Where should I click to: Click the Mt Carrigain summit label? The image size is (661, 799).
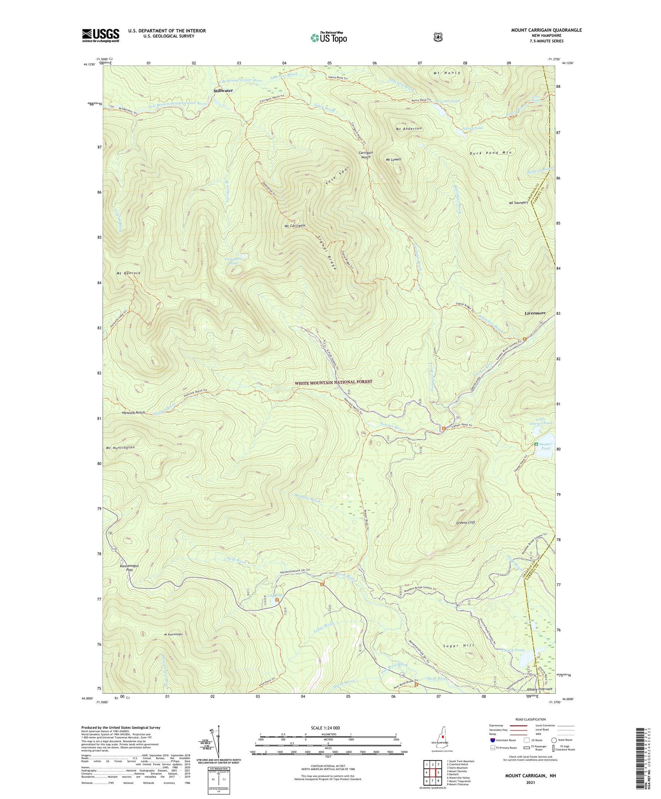(x=295, y=226)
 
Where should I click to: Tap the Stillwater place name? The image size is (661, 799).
(x=223, y=91)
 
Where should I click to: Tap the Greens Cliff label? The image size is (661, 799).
(x=466, y=523)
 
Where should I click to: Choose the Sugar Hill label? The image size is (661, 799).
(x=458, y=645)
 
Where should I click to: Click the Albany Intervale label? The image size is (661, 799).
(x=538, y=689)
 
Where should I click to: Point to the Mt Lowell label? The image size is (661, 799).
(x=393, y=160)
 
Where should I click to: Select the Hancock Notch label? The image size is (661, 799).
(x=134, y=413)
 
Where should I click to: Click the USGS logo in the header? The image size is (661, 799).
(x=101, y=35)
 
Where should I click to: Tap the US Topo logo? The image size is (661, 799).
(x=328, y=38)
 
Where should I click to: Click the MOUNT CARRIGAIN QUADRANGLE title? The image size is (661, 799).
(x=546, y=30)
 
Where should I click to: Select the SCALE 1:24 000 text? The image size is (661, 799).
(x=328, y=728)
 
